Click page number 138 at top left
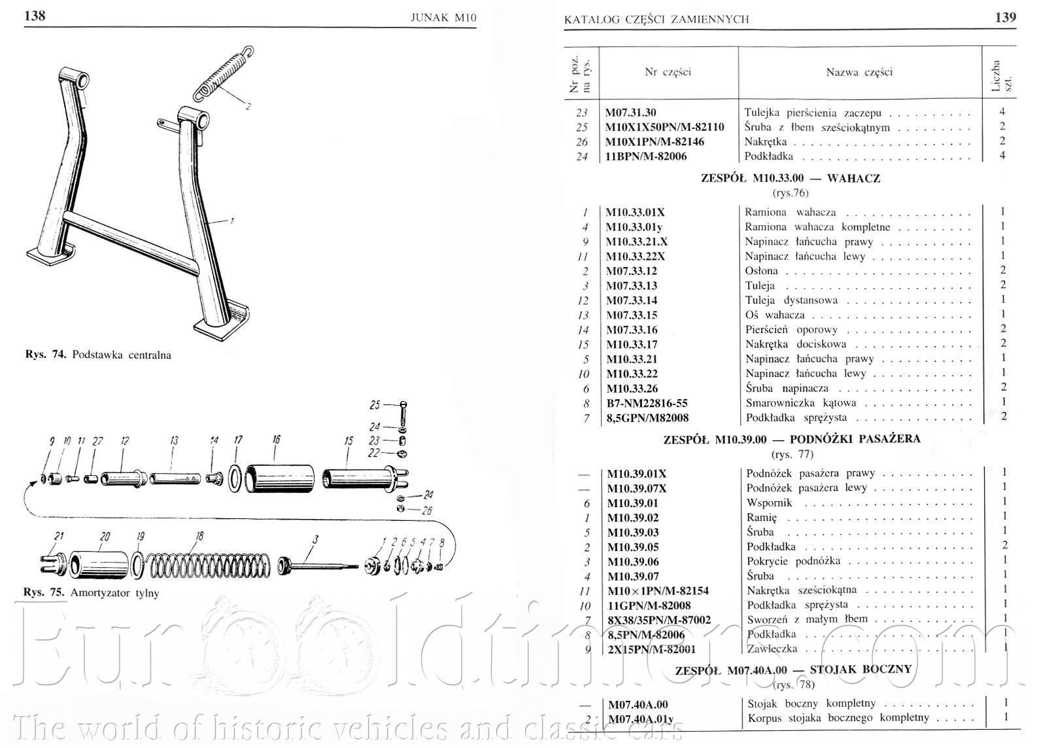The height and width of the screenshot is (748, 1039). tap(35, 16)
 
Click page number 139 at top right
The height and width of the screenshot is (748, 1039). tap(1005, 17)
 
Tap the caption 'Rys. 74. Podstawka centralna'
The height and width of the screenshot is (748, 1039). tap(98, 355)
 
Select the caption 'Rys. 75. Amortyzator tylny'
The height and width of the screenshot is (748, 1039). tap(91, 593)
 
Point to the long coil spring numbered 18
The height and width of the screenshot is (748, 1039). tap(207, 565)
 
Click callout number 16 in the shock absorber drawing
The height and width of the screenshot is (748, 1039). tap(277, 440)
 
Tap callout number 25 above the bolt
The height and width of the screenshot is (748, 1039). tap(375, 404)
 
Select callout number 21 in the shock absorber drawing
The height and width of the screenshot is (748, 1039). tap(60, 536)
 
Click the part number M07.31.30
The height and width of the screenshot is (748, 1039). tap(630, 113)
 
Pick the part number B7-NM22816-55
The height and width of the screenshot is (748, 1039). tap(647, 403)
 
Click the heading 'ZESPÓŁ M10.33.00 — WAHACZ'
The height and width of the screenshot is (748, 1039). tap(791, 178)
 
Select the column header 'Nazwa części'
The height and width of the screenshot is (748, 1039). tap(859, 72)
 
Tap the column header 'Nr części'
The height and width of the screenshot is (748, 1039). tap(668, 72)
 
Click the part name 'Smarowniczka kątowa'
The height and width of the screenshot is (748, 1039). tap(800, 403)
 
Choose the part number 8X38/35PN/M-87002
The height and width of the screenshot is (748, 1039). tap(658, 620)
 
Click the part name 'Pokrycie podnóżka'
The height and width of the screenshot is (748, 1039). tap(794, 561)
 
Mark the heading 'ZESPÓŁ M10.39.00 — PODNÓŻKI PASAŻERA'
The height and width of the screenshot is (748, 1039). tap(791, 439)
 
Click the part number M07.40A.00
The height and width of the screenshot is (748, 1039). tap(638, 705)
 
